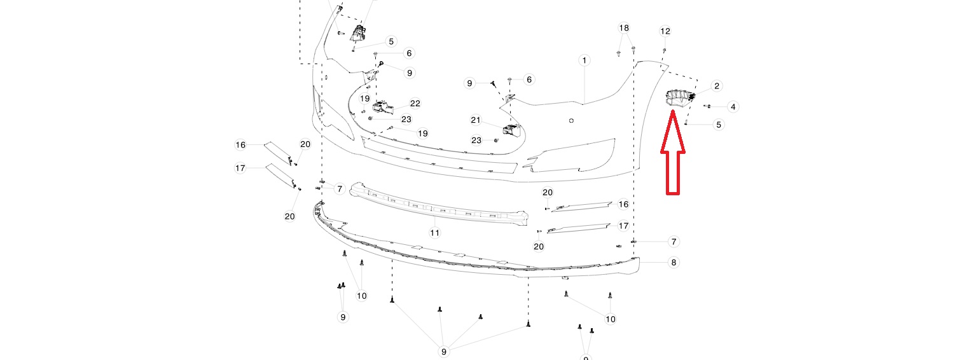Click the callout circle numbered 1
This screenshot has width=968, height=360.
(x=584, y=60)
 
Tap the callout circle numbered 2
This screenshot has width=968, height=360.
(x=717, y=86)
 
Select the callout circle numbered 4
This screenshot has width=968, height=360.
(x=733, y=107)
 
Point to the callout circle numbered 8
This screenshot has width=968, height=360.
(x=674, y=262)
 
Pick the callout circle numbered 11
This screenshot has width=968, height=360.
(x=435, y=233)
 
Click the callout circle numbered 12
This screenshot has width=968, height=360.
(x=665, y=31)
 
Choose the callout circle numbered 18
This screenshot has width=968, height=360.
(x=624, y=28)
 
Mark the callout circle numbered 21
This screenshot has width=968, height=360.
(x=476, y=120)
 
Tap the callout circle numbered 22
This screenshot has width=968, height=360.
(x=415, y=104)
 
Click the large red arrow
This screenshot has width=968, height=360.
(x=673, y=152)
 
